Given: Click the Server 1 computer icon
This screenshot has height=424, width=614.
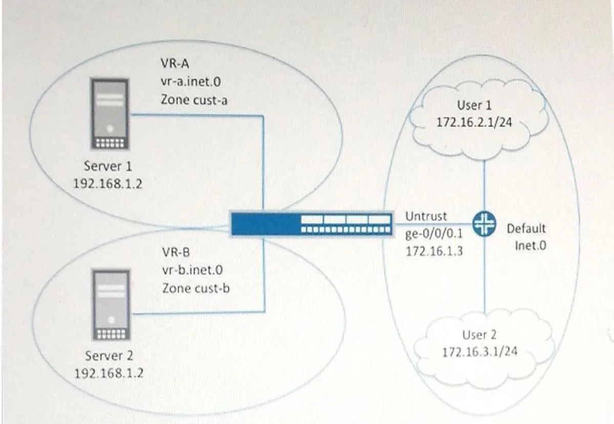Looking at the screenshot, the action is coord(110,114).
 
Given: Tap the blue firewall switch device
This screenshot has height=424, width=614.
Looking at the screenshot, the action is coord(311,224).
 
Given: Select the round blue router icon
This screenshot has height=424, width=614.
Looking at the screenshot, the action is coord(484,224).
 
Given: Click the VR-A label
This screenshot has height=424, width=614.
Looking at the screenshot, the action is coord(175,63).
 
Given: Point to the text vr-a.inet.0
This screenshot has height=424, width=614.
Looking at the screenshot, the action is coord(190,82).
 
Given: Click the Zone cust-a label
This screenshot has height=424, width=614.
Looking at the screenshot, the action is coord(194,100).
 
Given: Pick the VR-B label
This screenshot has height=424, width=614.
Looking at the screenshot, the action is coord(176,252).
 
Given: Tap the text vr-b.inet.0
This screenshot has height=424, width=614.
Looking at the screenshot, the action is coord(192,270).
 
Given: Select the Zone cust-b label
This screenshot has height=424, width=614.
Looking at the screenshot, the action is coord(196,289).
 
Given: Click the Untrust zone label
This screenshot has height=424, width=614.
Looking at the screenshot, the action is coord(426,216).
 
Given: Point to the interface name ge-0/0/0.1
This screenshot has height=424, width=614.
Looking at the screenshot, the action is coord(434,234).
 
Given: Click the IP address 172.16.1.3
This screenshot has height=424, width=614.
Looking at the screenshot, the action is coord(434,251).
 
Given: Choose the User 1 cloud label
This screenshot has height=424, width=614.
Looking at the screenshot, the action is coord(474,105).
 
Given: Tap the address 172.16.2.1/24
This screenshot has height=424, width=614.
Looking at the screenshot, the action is coord(474,122).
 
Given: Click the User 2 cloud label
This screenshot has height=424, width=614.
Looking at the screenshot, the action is coord(479,335).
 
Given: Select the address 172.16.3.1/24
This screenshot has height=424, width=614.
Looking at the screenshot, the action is coord(480,352).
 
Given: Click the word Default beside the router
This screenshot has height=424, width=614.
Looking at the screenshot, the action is coord(526,229).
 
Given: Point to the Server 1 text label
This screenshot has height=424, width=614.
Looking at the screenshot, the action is coord(108,166).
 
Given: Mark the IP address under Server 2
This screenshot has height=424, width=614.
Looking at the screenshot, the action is coord(109,373).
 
